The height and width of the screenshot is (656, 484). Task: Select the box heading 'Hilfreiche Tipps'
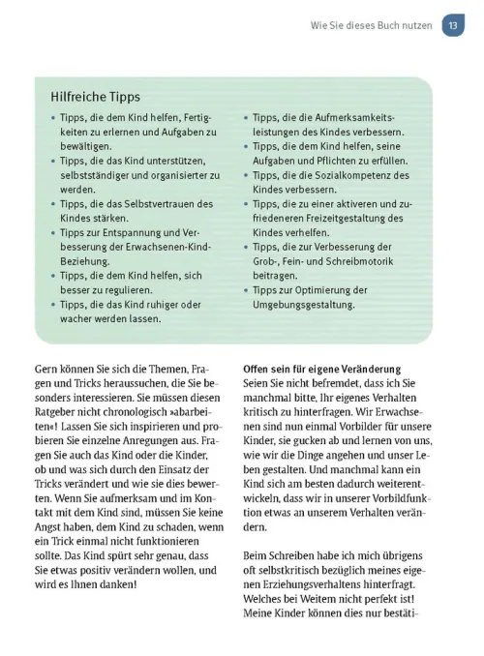95,97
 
